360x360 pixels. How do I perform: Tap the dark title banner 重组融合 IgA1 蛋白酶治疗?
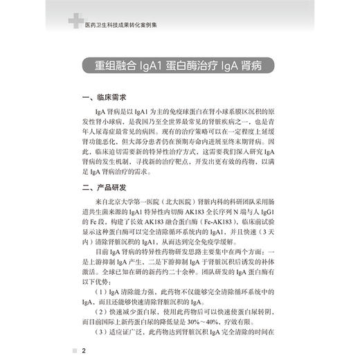[180, 66]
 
